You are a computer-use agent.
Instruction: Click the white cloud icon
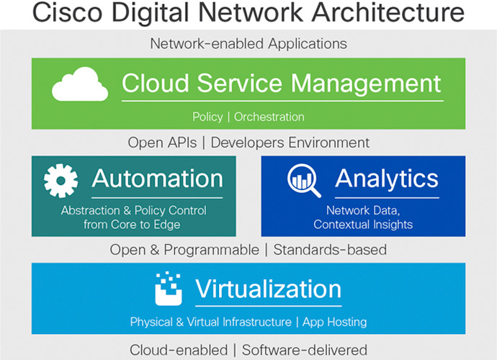(80, 84)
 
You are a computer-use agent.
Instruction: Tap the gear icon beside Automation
(61, 181)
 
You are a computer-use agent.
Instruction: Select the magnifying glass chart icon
(304, 181)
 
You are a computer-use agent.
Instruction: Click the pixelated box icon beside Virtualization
(169, 289)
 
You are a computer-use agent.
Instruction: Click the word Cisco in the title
(67, 13)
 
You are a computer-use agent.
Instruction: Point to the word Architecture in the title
(388, 13)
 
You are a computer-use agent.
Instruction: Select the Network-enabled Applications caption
(248, 44)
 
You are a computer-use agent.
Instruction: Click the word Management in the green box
(366, 84)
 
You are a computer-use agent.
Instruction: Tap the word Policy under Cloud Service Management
(207, 117)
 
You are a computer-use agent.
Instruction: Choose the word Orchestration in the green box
(269, 117)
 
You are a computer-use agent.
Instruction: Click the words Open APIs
(162, 143)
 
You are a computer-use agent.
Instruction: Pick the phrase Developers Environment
(290, 143)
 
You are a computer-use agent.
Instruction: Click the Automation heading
(158, 179)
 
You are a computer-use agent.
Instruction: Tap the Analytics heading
(387, 179)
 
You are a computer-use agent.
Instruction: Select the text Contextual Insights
(363, 225)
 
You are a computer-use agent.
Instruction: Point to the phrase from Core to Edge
(132, 225)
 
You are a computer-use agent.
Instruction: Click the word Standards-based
(330, 250)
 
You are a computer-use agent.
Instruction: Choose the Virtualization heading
(268, 289)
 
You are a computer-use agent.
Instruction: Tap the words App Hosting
(335, 322)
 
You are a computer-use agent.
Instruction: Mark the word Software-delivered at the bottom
(305, 350)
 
